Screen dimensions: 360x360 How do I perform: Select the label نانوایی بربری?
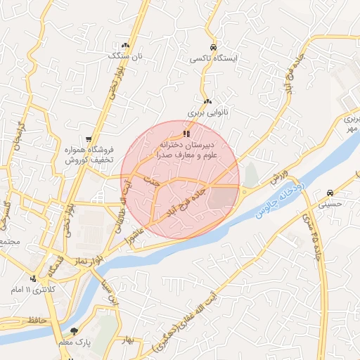click(205, 112)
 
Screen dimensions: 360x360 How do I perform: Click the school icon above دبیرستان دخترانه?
click(186, 133)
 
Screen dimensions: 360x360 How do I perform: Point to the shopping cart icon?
click(88, 139)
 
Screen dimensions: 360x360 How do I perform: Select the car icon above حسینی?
click(330, 192)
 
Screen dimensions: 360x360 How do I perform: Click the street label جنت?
click(148, 181)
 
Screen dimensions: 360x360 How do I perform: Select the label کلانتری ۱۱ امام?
click(33, 290)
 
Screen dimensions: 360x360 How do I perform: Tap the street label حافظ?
click(34, 320)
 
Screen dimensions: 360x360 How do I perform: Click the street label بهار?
click(127, 340)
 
